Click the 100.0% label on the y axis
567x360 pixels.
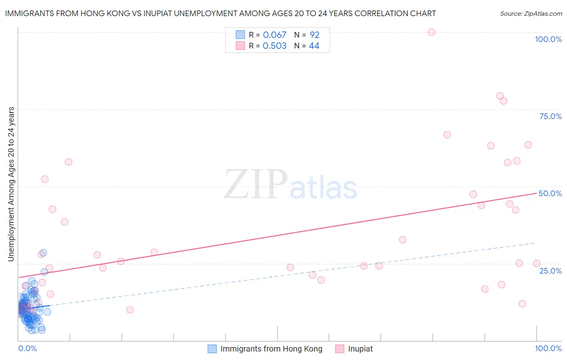[x=548, y=39]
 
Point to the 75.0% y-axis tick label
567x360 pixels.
[x=550, y=116]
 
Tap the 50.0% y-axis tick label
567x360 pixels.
[x=550, y=193]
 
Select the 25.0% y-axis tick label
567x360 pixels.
[x=550, y=271]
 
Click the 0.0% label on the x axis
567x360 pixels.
[x=27, y=348]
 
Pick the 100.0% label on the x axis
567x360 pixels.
[x=548, y=348]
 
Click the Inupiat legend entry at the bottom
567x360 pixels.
[x=360, y=349]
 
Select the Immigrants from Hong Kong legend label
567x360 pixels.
[x=271, y=349]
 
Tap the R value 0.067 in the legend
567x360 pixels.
[x=274, y=35]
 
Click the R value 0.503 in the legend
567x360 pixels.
[x=274, y=46]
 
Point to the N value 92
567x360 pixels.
[x=314, y=35]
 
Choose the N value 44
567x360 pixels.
[x=314, y=46]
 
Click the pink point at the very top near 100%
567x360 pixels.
[x=431, y=32]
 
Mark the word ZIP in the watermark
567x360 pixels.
[x=256, y=185]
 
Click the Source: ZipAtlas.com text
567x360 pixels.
[x=531, y=14]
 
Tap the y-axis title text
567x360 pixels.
[x=11, y=184]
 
